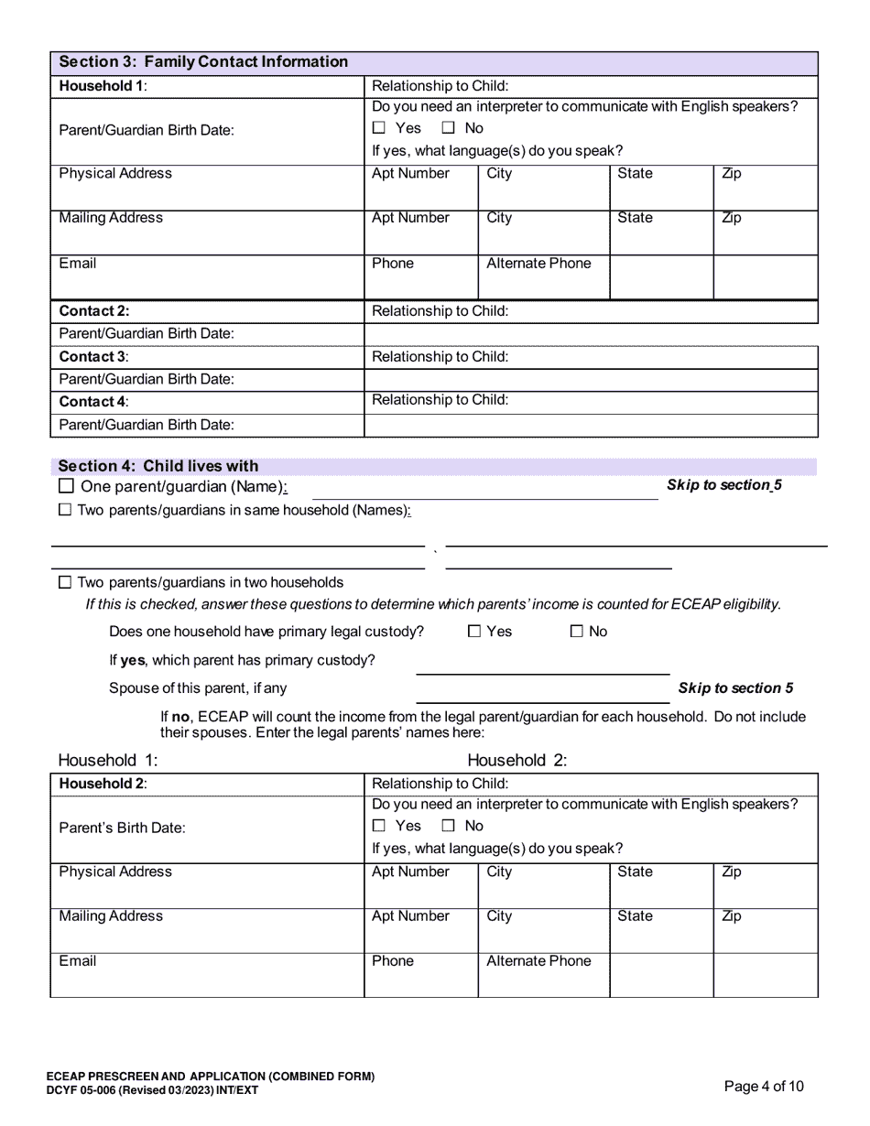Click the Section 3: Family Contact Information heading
(203, 62)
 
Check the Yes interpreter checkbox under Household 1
(379, 128)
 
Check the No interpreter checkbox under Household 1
(449, 128)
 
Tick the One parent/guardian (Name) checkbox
(66, 486)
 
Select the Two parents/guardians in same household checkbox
(65, 510)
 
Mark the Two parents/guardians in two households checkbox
(65, 582)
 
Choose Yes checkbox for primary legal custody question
(474, 631)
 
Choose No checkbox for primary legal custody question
(577, 631)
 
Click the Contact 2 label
(94, 311)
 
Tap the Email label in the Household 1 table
(78, 264)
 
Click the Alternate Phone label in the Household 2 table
(538, 961)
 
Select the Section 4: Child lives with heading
(158, 466)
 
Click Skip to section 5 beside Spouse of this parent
(735, 688)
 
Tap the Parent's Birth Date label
(122, 828)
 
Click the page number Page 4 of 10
(764, 1087)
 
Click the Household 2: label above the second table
(517, 760)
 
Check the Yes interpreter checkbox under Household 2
(379, 826)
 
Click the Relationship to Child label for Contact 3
(440, 356)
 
